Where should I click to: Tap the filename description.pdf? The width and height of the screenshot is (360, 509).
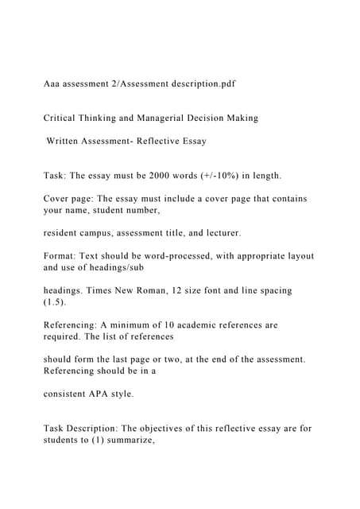pos(200,83)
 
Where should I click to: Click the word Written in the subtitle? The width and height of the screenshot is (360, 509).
pos(66,142)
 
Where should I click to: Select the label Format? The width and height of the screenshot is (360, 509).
pos(63,256)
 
